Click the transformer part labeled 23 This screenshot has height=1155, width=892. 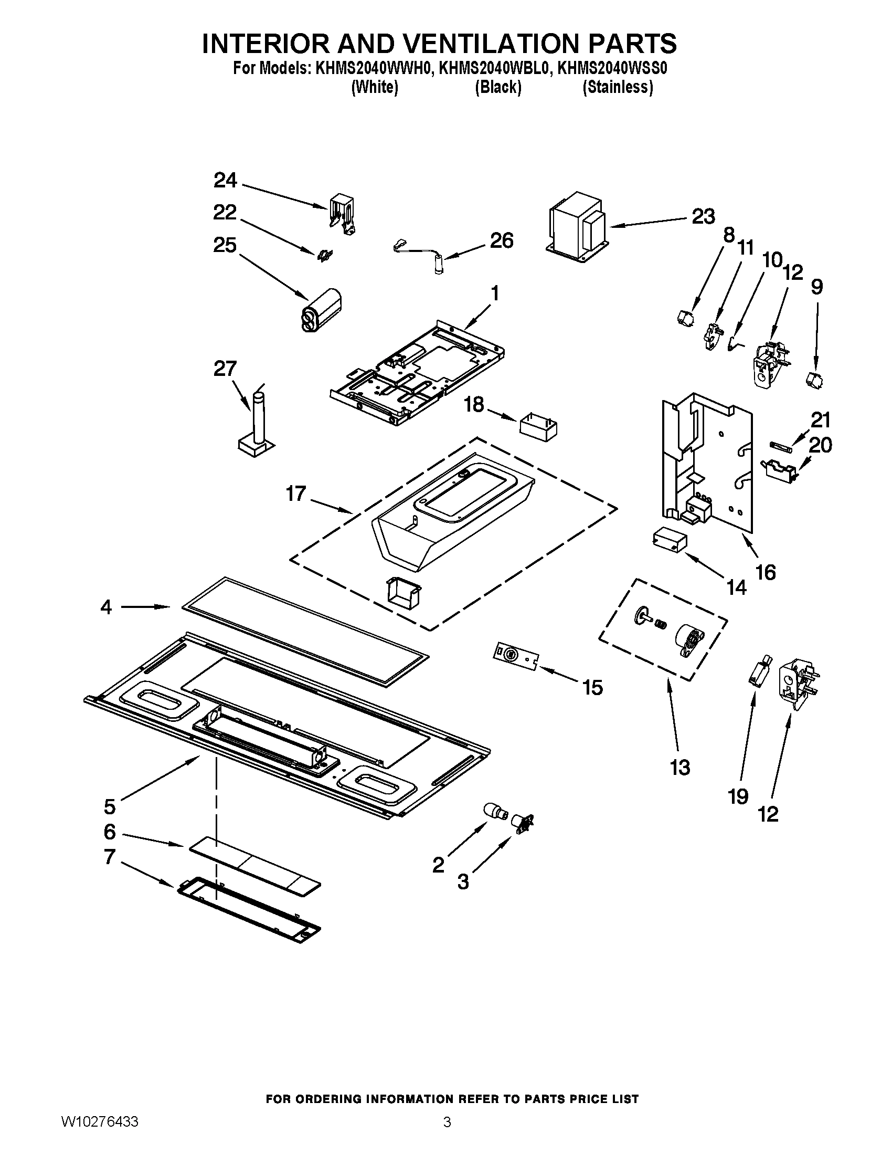[577, 228]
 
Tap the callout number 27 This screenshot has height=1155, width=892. [225, 368]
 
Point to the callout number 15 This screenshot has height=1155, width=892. [592, 688]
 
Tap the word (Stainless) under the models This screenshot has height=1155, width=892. [617, 87]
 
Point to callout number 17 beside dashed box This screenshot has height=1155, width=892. [296, 493]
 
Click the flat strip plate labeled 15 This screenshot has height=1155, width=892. [515, 656]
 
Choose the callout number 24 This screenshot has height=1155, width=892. [225, 181]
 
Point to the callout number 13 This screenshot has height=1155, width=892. [680, 768]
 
